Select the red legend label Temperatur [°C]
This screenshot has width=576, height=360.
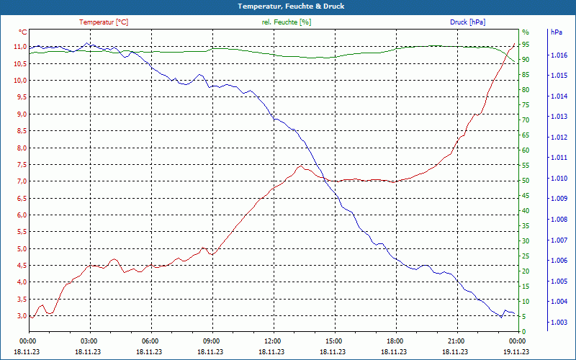(x=104, y=22)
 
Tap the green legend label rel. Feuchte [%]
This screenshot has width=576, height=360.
(x=287, y=22)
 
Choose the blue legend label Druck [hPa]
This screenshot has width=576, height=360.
(x=468, y=22)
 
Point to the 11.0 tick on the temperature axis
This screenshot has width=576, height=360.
(x=19, y=47)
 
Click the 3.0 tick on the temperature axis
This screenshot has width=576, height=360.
(x=20, y=315)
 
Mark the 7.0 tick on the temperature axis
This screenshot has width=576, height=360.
(x=20, y=181)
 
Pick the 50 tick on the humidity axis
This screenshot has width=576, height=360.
(x=526, y=181)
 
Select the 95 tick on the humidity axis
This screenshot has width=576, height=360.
(x=526, y=45)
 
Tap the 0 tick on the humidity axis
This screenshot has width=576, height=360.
(x=523, y=332)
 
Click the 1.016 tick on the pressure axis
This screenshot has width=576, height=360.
(x=559, y=55)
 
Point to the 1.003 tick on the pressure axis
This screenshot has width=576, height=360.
(x=559, y=322)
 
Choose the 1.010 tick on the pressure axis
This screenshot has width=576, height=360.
(x=559, y=178)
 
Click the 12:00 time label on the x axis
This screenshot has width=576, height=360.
(x=273, y=341)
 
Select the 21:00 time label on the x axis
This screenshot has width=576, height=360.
(x=456, y=341)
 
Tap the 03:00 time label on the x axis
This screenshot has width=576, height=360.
(x=89, y=341)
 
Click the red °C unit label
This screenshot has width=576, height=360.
(x=23, y=32)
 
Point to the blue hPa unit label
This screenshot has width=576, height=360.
(x=557, y=32)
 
